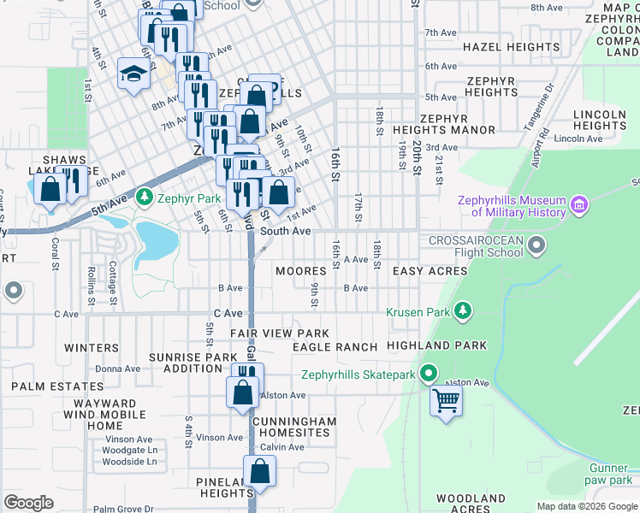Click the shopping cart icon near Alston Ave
(x=446, y=399)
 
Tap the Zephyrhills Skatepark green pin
(x=429, y=374)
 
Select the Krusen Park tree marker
(x=463, y=312)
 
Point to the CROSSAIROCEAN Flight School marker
(x=536, y=247)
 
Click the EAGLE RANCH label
(x=335, y=347)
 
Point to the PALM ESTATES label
(x=45, y=386)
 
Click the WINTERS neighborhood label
(x=91, y=348)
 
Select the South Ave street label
(x=285, y=232)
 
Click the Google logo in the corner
(x=28, y=503)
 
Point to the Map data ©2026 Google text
(x=587, y=506)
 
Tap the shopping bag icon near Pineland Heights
(x=259, y=472)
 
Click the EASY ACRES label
(x=430, y=271)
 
